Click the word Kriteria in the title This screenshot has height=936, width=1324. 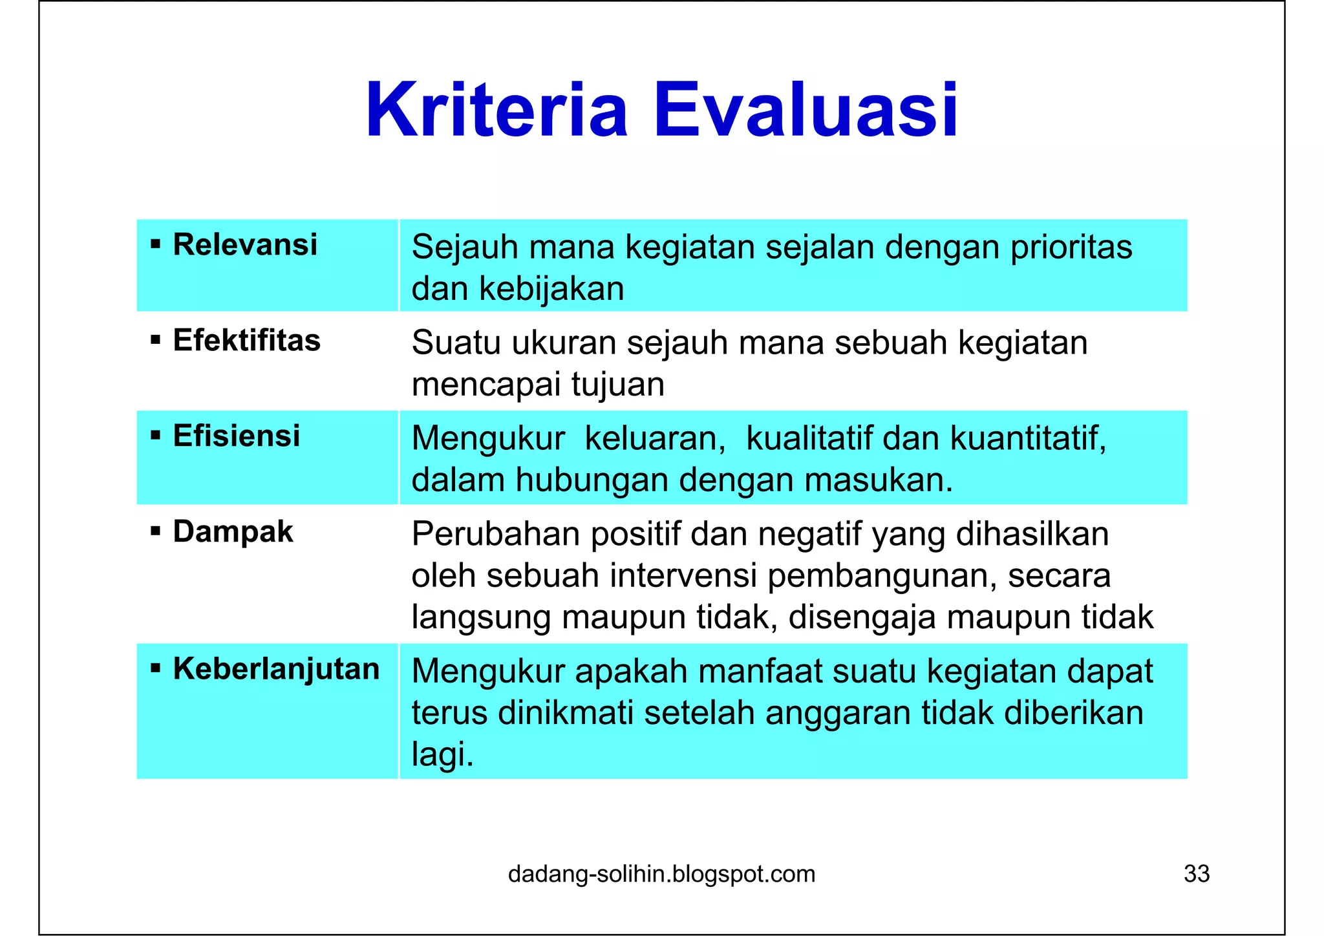[x=496, y=110]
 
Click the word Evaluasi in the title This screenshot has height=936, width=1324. [x=806, y=110]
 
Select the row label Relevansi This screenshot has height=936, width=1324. [x=245, y=245]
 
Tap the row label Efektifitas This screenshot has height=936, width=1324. [x=246, y=341]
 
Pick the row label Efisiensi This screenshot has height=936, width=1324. [x=237, y=436]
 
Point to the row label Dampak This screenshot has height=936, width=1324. [x=233, y=532]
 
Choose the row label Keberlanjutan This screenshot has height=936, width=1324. [x=276, y=669]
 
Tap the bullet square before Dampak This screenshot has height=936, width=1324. [x=155, y=532]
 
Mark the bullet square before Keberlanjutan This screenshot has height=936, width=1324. [x=155, y=669]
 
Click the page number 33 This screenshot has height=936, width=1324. [x=1196, y=874]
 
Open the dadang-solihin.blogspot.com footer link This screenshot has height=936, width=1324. [x=661, y=874]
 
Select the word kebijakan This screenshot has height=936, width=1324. [x=551, y=289]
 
